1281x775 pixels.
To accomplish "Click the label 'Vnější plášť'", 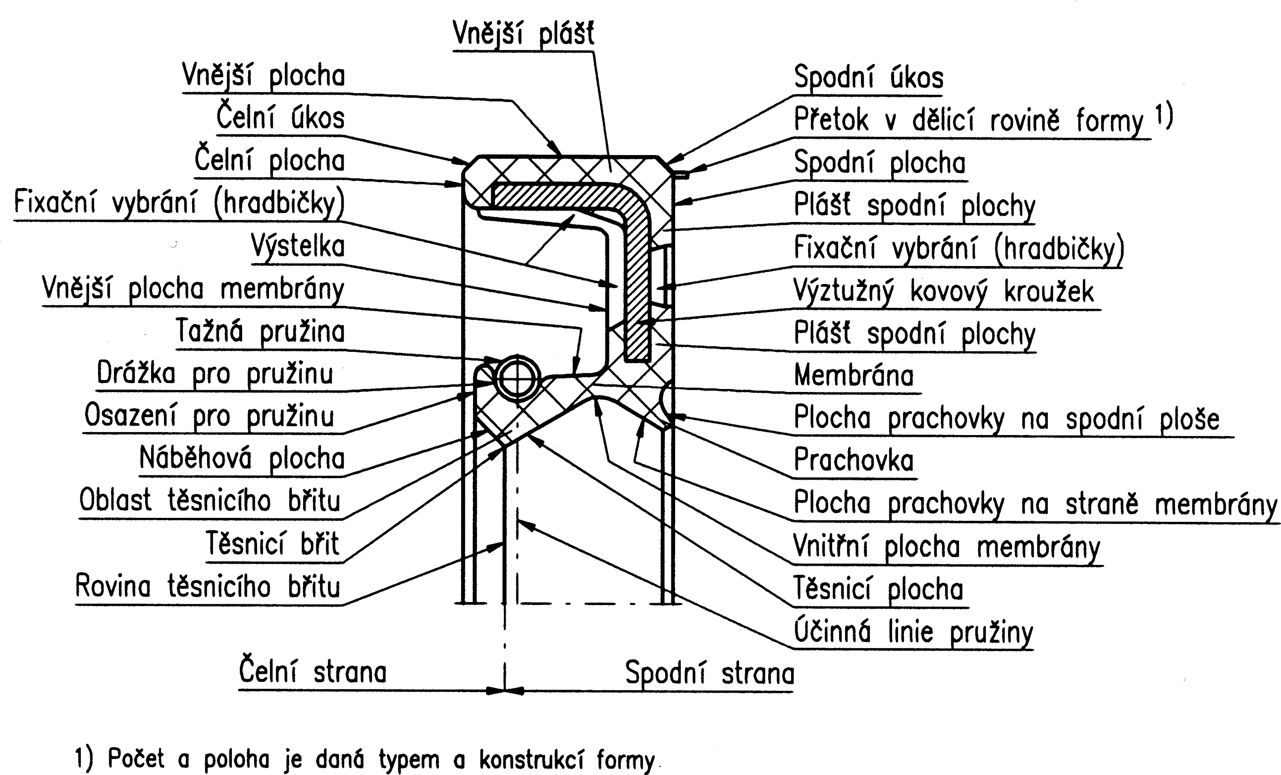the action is (x=523, y=33).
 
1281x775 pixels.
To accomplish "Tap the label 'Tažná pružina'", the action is (x=260, y=330).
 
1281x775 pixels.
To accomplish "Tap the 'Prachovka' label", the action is (x=854, y=459).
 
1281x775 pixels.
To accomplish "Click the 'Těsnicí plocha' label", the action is (x=878, y=589).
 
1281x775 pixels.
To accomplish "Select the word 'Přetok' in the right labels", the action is (x=831, y=120).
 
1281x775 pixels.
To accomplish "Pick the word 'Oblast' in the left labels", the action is (x=115, y=500).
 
